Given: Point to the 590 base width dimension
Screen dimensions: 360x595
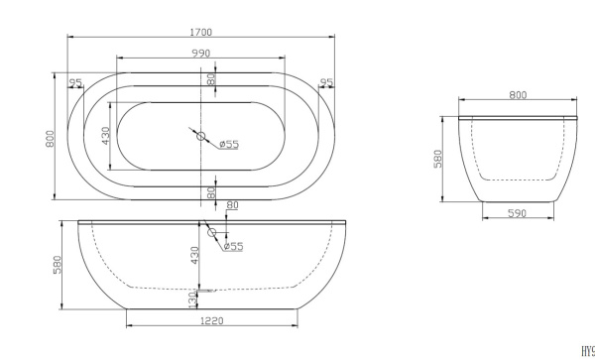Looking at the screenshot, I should pos(518,212).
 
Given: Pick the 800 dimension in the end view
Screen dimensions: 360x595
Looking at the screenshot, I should pos(518,95).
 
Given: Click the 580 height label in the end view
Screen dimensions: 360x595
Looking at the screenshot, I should pos(439,159).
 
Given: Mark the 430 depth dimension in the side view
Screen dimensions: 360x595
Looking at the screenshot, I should pos(195,255).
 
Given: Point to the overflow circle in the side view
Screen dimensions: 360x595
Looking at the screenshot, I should pos(209,234).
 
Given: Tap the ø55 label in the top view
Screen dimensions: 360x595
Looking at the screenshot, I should pos(229,145).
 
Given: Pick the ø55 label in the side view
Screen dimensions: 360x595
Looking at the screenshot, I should pos(233,246).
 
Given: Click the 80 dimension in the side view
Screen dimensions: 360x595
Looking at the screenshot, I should pos(233,206).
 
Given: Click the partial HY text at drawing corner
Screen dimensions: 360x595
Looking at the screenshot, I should pos(588,351).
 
